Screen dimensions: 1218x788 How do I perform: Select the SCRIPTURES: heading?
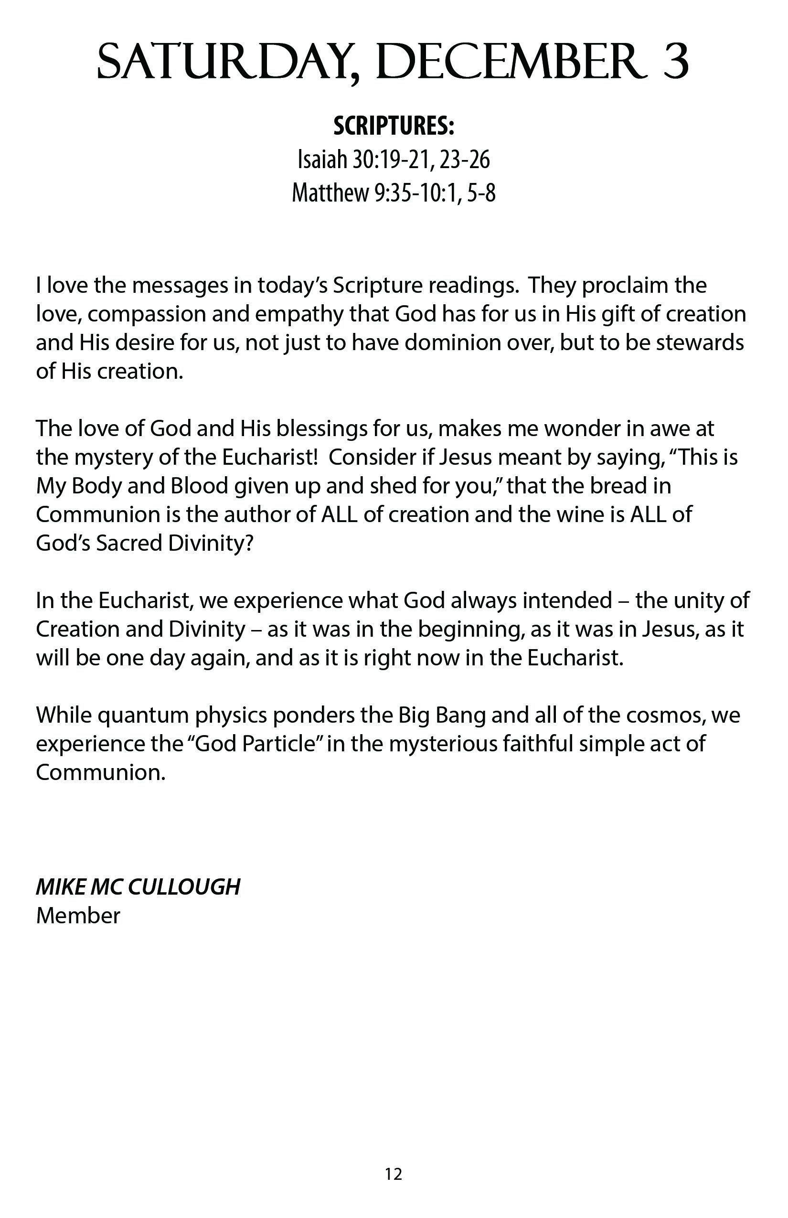394,126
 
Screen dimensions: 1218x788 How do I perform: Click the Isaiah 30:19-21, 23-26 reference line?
394,160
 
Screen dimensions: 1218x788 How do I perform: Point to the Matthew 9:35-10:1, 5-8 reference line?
394,193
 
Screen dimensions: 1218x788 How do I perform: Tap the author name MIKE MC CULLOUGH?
138,887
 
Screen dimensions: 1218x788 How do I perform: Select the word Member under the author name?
78,916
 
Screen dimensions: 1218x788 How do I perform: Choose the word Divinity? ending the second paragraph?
211,544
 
